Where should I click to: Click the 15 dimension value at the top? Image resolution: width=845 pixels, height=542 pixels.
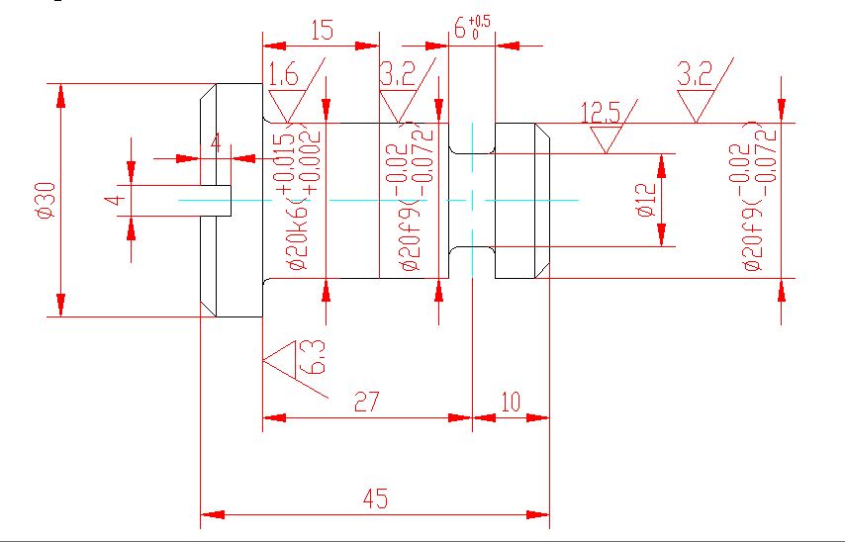322,30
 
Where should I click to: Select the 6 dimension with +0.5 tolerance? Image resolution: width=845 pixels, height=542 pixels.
471,28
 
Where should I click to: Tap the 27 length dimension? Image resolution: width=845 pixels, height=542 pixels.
367,402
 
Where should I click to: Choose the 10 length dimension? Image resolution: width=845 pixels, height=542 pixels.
511,402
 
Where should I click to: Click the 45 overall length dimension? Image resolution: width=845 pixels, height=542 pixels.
374,499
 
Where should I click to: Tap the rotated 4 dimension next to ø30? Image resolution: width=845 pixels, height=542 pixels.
117,200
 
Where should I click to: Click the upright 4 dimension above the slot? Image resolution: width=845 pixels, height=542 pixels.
216,142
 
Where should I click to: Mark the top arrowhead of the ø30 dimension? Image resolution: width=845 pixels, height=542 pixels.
61,95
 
